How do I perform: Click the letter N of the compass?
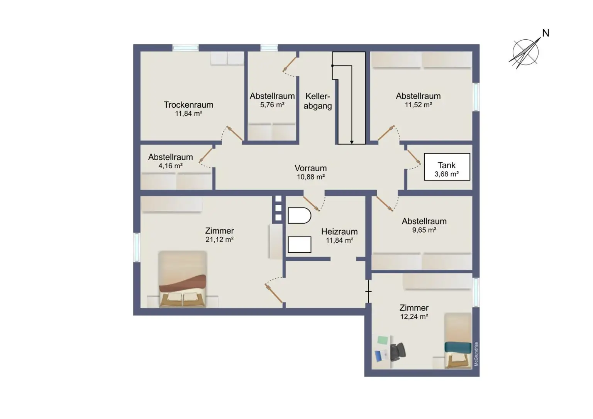click(x=546, y=33)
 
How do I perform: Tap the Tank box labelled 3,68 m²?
click(x=447, y=167)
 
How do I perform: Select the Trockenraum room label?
click(x=188, y=105)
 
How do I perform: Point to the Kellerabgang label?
click(x=318, y=101)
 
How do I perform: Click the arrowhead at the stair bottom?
click(x=352, y=142)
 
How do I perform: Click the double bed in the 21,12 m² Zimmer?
click(x=182, y=279)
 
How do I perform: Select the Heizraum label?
click(x=339, y=231)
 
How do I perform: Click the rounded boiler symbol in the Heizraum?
click(x=300, y=216)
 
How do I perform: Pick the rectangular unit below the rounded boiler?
click(x=300, y=245)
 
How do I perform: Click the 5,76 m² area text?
click(x=272, y=105)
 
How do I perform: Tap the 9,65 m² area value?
click(x=424, y=230)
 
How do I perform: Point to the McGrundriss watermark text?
click(x=476, y=354)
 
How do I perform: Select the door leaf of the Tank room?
click(x=414, y=157)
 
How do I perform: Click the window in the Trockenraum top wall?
click(x=185, y=48)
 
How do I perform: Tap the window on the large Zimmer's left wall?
click(x=137, y=247)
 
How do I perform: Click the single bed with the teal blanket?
click(x=458, y=341)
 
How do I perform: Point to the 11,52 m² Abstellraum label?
click(x=418, y=100)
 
